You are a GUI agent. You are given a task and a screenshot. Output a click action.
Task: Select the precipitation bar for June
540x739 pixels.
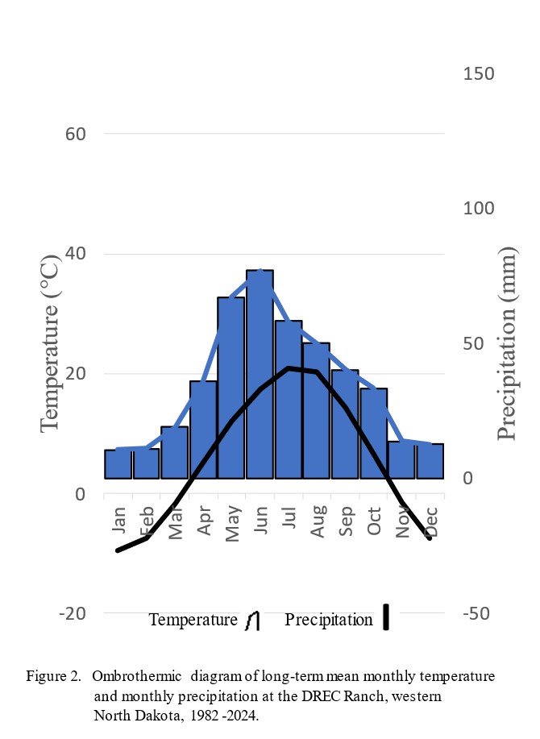pos(260,374)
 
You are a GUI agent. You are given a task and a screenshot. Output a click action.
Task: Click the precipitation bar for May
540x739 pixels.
pos(231,388)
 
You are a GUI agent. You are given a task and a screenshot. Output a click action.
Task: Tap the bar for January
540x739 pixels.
pos(118,464)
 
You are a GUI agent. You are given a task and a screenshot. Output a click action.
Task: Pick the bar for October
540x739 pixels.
pos(373,433)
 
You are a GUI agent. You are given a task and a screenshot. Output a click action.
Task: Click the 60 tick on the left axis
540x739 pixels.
pos(75,134)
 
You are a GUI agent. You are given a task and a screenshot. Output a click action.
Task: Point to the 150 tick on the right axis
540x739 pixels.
pos(479,73)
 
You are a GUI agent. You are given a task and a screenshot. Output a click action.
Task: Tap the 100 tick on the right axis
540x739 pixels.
pos(479,208)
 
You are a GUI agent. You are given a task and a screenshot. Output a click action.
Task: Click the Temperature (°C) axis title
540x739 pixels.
pos(50,343)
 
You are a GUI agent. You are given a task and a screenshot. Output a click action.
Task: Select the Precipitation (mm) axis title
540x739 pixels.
pos(506,343)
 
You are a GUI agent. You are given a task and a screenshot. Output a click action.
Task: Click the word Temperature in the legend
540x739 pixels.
pos(193,620)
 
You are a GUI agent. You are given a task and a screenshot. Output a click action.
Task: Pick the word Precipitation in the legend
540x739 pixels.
pos(329,620)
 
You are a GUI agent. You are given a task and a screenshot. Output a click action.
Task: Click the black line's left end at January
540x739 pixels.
pos(118,550)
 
